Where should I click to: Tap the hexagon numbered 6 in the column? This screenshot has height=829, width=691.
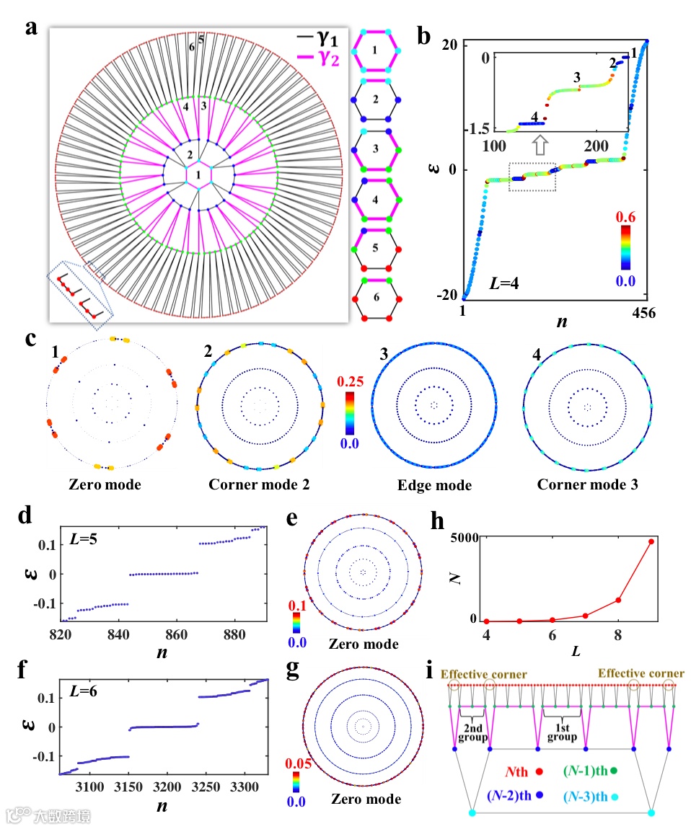[378, 298]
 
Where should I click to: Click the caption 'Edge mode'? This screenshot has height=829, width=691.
[434, 486]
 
